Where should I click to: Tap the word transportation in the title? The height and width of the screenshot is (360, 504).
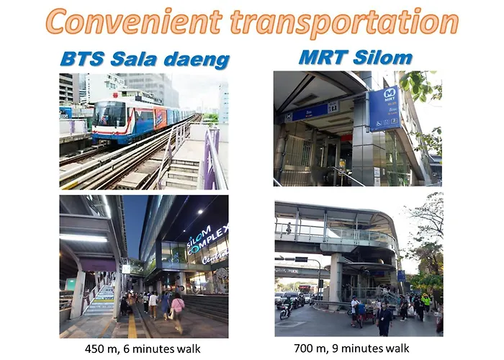click(x=344, y=22)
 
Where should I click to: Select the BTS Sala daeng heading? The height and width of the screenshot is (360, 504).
click(x=145, y=60)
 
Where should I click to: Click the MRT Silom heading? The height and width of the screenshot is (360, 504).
click(x=356, y=58)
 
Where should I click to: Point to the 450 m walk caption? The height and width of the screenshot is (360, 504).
click(x=143, y=348)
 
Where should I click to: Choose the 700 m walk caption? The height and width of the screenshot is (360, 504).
click(x=351, y=348)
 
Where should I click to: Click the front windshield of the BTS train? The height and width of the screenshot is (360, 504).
click(x=109, y=114)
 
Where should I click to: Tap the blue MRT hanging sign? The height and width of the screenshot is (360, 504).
click(x=384, y=108)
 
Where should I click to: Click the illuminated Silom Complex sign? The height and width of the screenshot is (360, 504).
click(x=207, y=240)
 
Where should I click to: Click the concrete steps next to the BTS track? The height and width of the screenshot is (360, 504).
click(x=182, y=173)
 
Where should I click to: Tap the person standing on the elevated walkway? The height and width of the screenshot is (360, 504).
click(x=289, y=228)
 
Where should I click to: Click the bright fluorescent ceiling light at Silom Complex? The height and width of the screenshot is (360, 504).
click(x=83, y=238)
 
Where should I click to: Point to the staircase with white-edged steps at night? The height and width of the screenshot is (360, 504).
click(x=99, y=300)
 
